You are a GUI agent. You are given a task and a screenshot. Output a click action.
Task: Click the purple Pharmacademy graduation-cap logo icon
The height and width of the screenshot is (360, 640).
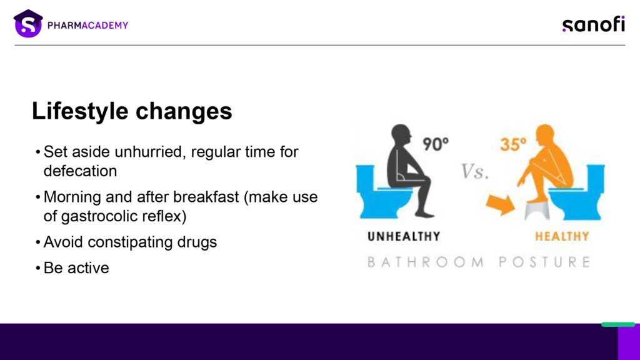(x=27, y=24)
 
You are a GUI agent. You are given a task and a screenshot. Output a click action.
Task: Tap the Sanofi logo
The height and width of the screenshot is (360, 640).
(x=594, y=24)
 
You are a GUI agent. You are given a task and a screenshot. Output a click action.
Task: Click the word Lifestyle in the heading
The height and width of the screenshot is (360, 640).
(x=80, y=111)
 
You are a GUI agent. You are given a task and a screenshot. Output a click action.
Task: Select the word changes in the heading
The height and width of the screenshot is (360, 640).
(x=184, y=111)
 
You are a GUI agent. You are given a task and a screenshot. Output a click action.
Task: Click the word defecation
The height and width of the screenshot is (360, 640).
(x=81, y=171)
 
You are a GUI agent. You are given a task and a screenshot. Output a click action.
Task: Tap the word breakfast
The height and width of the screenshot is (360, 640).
(x=206, y=197)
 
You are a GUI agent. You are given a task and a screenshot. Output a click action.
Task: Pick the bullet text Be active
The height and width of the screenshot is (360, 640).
(x=76, y=268)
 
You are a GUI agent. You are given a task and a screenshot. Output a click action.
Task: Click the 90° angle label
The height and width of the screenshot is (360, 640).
(x=435, y=144)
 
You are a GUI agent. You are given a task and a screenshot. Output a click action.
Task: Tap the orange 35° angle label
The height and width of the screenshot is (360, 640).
(x=513, y=144)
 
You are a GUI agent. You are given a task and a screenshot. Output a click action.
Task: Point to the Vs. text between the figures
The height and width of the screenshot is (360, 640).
(x=475, y=171)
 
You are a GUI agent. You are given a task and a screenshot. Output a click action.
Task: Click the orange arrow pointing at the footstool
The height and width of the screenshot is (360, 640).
(x=501, y=204)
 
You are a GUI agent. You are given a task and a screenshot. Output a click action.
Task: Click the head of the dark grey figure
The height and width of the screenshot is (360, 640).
(x=401, y=135)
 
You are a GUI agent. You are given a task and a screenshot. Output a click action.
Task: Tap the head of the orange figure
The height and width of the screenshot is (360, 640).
(x=545, y=135)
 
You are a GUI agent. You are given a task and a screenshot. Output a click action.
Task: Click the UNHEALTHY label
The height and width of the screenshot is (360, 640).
(x=404, y=236)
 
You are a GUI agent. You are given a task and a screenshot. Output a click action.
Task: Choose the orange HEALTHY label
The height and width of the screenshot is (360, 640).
(x=562, y=236)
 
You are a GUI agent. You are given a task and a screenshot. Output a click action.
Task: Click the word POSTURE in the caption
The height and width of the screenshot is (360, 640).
(x=544, y=262)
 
